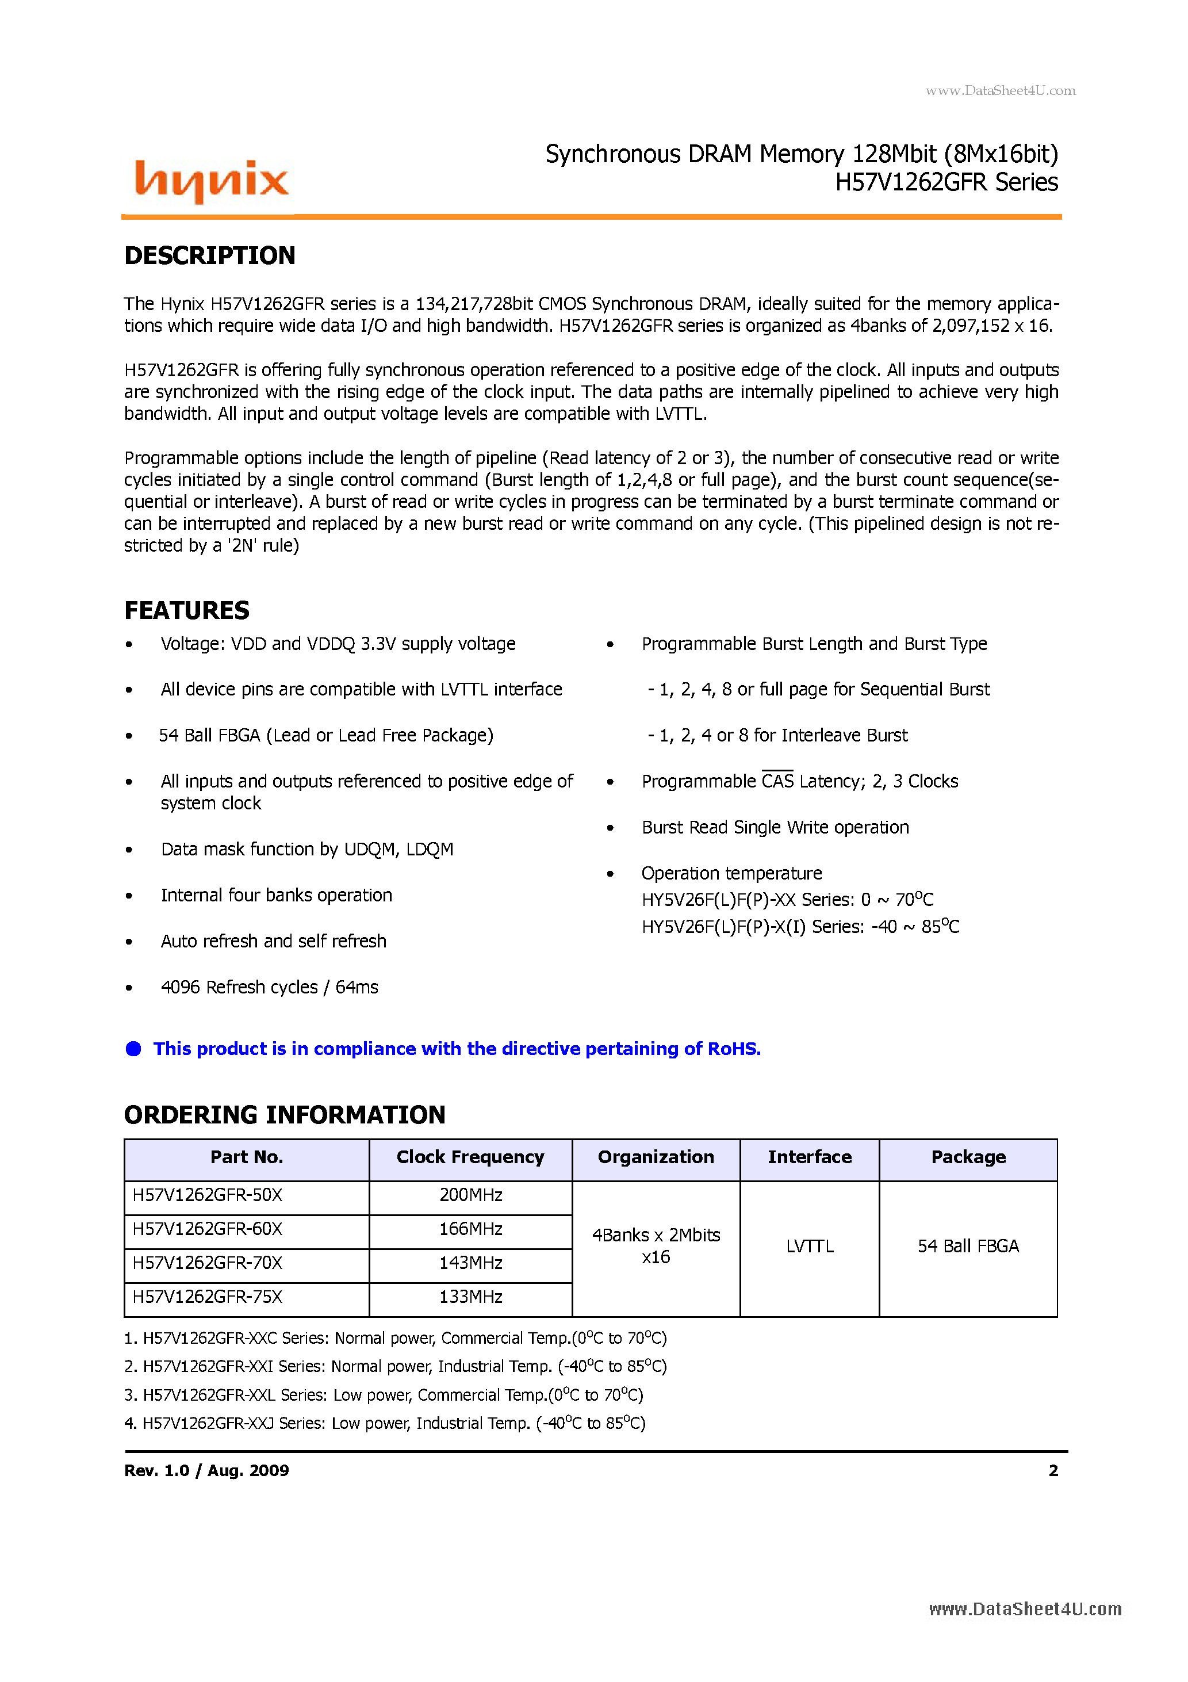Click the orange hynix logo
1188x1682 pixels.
click(x=212, y=180)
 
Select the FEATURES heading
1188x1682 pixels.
click(x=187, y=610)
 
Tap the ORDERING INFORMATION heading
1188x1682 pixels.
click(x=284, y=1114)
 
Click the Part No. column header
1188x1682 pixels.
click(x=246, y=1157)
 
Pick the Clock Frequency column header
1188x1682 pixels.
click(x=470, y=1157)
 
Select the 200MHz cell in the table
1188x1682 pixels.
click(x=470, y=1195)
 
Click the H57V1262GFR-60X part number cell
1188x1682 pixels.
click(x=207, y=1229)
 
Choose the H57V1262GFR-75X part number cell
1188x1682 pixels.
click(x=207, y=1297)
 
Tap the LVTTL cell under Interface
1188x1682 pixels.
click(x=809, y=1246)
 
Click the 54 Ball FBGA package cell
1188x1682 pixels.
click(x=968, y=1246)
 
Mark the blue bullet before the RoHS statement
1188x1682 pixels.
click(x=133, y=1049)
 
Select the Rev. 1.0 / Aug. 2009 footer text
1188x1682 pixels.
click(x=206, y=1470)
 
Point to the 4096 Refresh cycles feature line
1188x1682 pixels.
click(x=270, y=988)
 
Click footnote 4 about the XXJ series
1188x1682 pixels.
click(x=385, y=1423)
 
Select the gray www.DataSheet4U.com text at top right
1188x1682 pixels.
click(x=1000, y=91)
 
